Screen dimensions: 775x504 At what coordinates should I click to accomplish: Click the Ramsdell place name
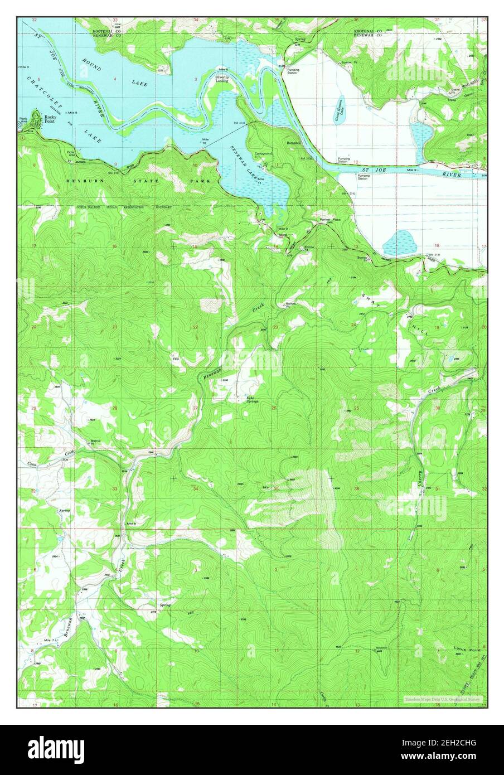[294, 143]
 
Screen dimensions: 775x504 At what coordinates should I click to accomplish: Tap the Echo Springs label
[252, 399]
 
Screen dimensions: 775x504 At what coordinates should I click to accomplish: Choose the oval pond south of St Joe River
[400, 243]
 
